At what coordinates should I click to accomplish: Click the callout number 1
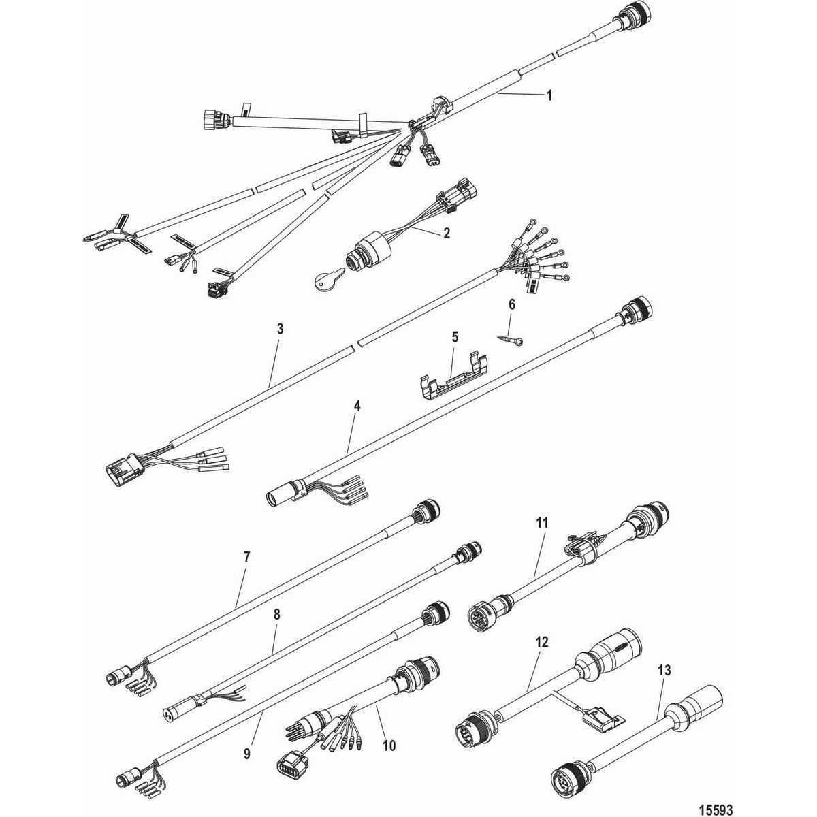point(549,96)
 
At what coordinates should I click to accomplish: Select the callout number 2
point(446,233)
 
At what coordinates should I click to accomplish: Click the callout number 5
point(455,336)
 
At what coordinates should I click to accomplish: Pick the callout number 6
point(513,304)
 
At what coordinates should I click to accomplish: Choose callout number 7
point(246,557)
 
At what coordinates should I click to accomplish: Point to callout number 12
point(542,642)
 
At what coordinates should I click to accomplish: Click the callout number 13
point(664,671)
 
